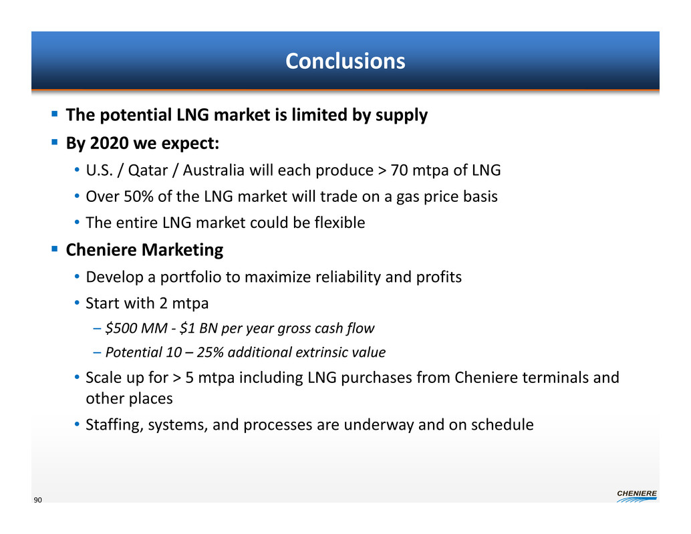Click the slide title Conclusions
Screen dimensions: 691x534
click(x=345, y=61)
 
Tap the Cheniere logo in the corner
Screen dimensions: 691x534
click(x=637, y=496)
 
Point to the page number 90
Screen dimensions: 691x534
click(x=38, y=500)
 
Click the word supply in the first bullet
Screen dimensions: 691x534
click(x=402, y=116)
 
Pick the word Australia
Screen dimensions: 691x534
click(x=213, y=170)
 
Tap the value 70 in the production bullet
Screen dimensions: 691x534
click(x=399, y=170)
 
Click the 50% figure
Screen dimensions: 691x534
click(x=138, y=196)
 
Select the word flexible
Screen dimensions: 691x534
click(x=339, y=223)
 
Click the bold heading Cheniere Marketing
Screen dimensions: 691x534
click(x=144, y=250)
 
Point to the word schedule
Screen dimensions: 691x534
click(x=503, y=425)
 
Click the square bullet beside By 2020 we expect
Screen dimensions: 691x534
click(x=55, y=142)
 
